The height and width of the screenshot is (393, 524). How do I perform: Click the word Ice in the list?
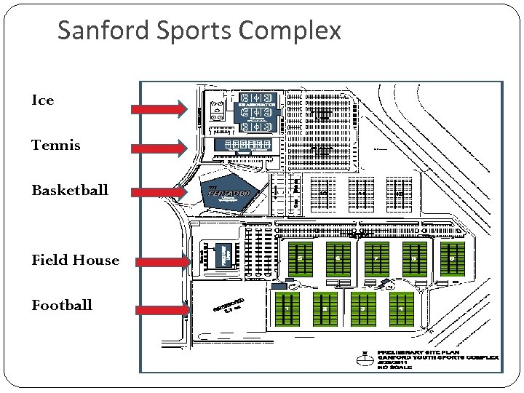pyautogui.click(x=43, y=100)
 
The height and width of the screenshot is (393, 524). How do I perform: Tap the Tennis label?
pyautogui.click(x=56, y=145)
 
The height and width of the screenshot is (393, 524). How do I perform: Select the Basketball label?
pyautogui.click(x=70, y=190)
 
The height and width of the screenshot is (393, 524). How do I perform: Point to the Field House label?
pyautogui.click(x=75, y=260)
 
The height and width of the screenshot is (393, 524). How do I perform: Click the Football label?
pyautogui.click(x=62, y=305)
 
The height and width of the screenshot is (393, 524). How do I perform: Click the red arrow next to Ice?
pyautogui.click(x=159, y=109)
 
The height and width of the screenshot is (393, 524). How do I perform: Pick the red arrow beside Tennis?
pyautogui.click(x=159, y=148)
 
